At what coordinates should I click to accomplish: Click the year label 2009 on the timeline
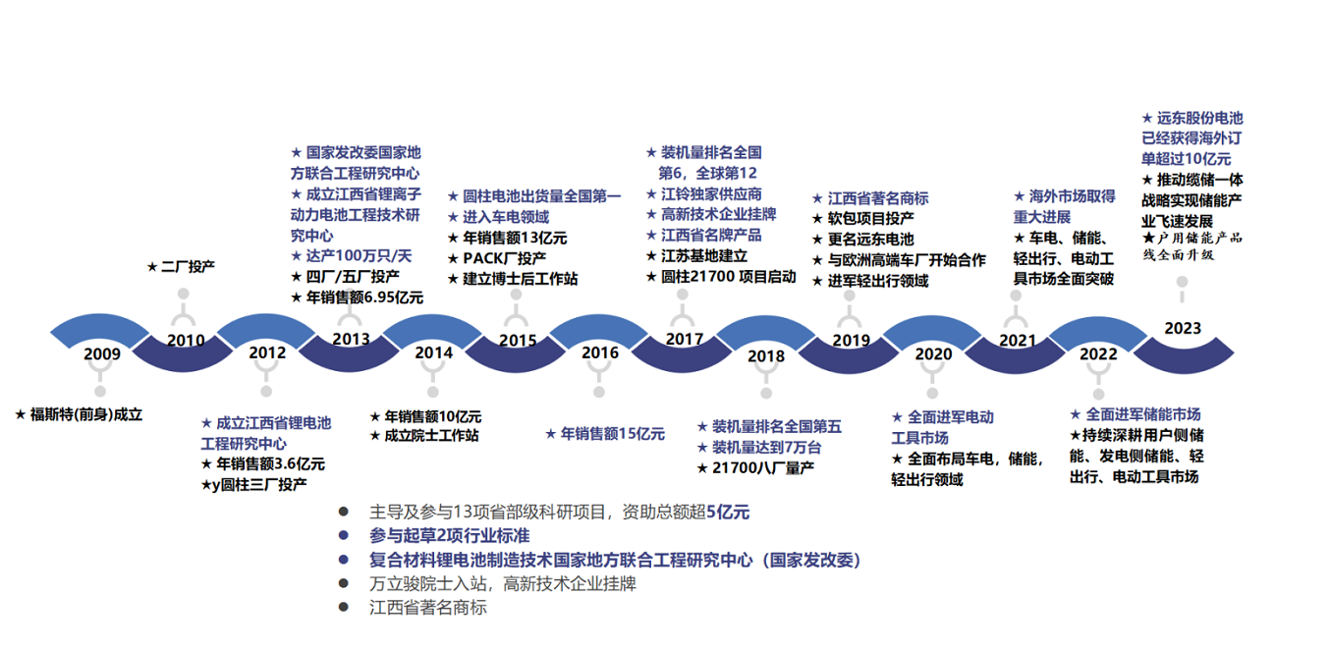click(x=102, y=354)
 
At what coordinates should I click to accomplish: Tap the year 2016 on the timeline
click(x=600, y=352)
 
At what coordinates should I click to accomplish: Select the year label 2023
click(x=1183, y=328)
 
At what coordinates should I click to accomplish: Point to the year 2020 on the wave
click(x=933, y=353)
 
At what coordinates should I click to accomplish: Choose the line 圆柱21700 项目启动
click(x=727, y=277)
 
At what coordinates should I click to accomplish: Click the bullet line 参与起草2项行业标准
click(x=449, y=536)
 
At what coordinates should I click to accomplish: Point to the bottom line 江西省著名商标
click(x=427, y=608)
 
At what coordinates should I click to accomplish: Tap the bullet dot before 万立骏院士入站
click(x=343, y=584)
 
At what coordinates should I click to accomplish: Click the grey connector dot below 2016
click(x=599, y=392)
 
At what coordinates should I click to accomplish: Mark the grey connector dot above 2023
click(x=1183, y=282)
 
